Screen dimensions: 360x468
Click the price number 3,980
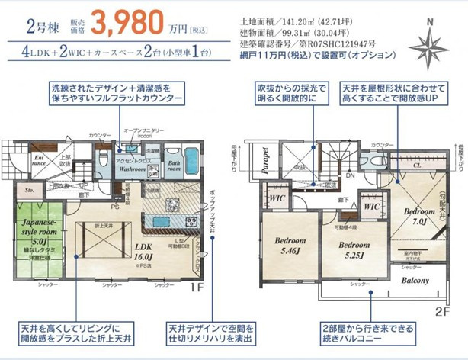127,23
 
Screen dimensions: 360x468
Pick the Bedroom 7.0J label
419,215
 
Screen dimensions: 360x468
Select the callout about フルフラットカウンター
117,95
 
